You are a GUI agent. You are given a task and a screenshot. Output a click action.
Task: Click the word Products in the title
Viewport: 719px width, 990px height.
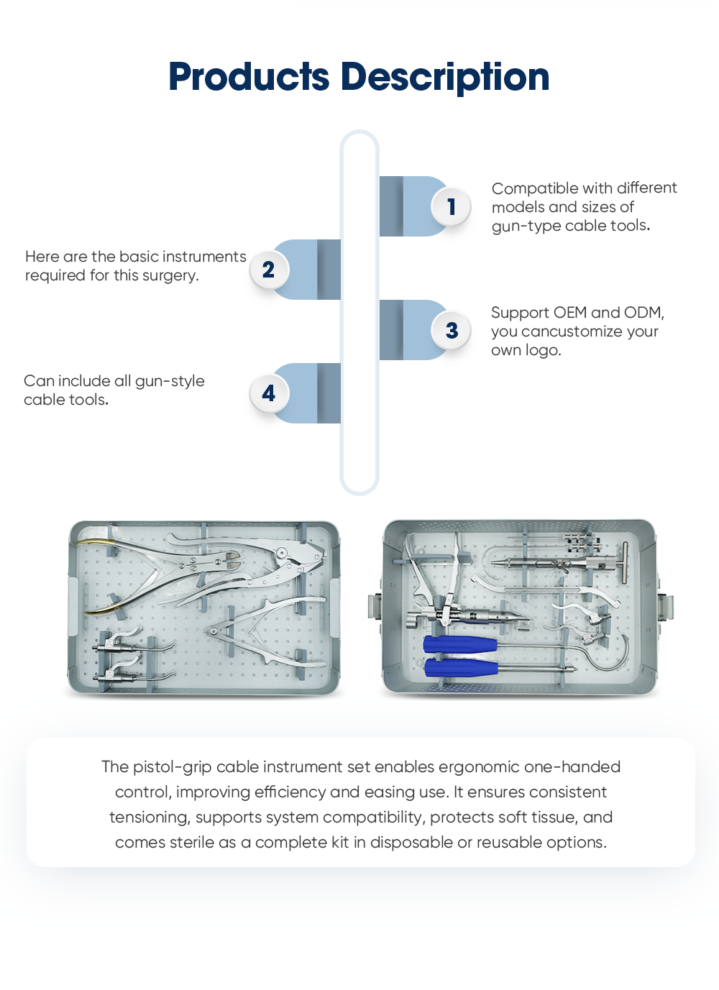click(x=249, y=77)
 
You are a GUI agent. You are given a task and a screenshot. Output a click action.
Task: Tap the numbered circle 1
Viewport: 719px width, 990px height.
click(x=451, y=207)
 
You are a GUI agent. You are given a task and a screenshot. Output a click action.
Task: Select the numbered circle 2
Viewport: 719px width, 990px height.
click(x=268, y=270)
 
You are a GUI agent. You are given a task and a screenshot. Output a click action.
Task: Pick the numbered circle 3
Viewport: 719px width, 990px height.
click(x=451, y=331)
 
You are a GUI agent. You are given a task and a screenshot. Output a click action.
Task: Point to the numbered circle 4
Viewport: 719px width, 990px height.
click(x=268, y=393)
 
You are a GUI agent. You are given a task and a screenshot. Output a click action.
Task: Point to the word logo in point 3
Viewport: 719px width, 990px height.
click(x=543, y=350)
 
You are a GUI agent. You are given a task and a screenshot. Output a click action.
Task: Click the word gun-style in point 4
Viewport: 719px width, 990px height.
click(x=170, y=381)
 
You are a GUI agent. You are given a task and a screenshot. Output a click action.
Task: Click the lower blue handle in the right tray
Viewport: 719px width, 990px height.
click(x=461, y=668)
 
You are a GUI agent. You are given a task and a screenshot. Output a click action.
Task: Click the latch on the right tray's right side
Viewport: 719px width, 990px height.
click(x=665, y=606)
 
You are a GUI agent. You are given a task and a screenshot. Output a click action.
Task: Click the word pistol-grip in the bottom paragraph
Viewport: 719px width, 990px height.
click(x=172, y=767)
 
